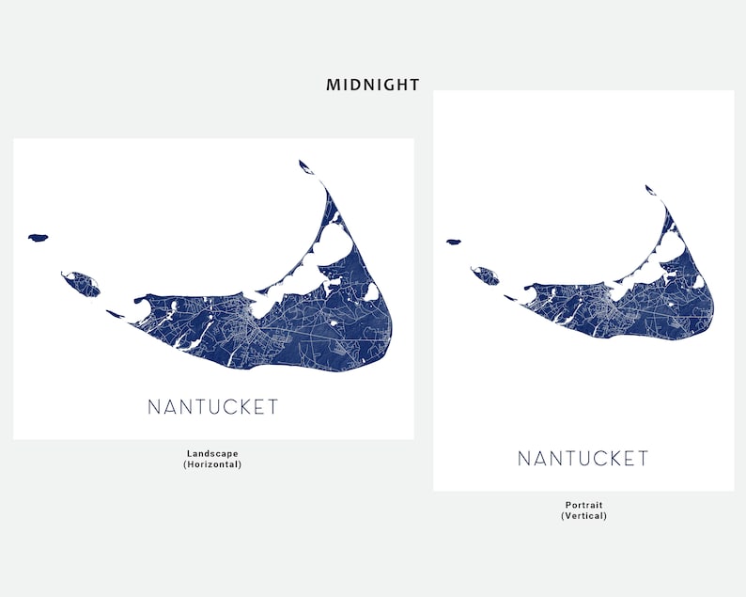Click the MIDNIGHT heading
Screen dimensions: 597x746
tap(373, 85)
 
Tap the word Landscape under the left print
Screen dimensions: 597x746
tap(213, 453)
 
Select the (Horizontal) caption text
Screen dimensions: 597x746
tap(213, 463)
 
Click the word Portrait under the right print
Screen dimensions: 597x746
tap(583, 505)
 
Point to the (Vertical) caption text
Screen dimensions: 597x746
tap(583, 515)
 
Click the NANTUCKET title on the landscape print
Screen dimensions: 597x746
tap(213, 407)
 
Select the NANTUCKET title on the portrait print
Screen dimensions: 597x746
tap(583, 459)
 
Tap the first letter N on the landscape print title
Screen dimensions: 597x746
tap(154, 407)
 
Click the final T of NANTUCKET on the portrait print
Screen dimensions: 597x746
tap(643, 459)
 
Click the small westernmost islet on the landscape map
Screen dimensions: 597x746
tap(38, 238)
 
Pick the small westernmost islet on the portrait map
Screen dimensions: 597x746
tap(453, 242)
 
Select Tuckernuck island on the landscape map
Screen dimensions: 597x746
tap(81, 282)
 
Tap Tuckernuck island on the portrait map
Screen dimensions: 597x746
tap(486, 275)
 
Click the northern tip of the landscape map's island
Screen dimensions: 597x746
tap(305, 166)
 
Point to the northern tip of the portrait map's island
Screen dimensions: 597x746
tap(650, 189)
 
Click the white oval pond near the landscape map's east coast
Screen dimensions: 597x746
tap(372, 291)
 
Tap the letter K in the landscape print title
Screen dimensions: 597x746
tap(240, 407)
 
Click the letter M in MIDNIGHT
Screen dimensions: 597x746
tap(333, 85)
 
